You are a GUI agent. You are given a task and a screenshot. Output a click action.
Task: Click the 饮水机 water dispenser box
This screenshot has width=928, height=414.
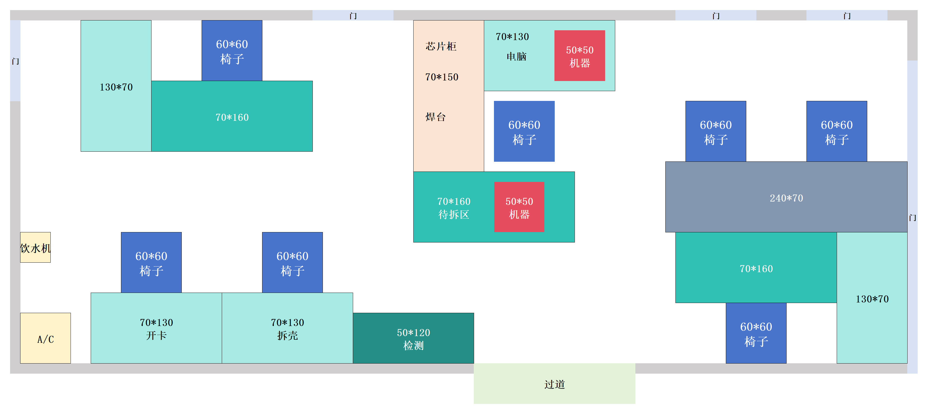pyautogui.click(x=35, y=248)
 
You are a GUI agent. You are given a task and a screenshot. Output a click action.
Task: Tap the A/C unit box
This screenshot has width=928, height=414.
pyautogui.click(x=45, y=338)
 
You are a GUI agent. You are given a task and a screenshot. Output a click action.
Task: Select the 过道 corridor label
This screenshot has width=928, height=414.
pyautogui.click(x=554, y=385)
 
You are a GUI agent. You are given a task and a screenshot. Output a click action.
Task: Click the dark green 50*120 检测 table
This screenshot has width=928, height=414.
pyautogui.click(x=413, y=338)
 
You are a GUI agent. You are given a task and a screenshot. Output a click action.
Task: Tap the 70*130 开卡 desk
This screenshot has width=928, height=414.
pyautogui.click(x=156, y=328)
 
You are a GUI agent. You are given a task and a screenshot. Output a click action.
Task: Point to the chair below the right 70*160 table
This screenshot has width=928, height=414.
pyautogui.click(x=756, y=333)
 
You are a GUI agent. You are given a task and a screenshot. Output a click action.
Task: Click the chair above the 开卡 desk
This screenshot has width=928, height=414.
pyautogui.click(x=151, y=263)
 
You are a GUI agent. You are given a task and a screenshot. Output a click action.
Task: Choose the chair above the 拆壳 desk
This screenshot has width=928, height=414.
pyautogui.click(x=292, y=263)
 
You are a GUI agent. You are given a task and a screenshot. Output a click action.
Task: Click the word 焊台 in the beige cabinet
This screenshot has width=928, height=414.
pyautogui.click(x=435, y=117)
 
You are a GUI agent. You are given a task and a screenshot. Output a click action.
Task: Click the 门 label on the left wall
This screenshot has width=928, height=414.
pyautogui.click(x=15, y=61)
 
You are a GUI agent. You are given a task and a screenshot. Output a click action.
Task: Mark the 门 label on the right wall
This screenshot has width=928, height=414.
pyautogui.click(x=912, y=218)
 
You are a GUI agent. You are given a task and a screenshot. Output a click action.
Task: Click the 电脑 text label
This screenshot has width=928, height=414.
pyautogui.click(x=516, y=56)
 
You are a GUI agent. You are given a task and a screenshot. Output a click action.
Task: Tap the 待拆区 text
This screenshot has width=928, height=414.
pyautogui.click(x=454, y=215)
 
